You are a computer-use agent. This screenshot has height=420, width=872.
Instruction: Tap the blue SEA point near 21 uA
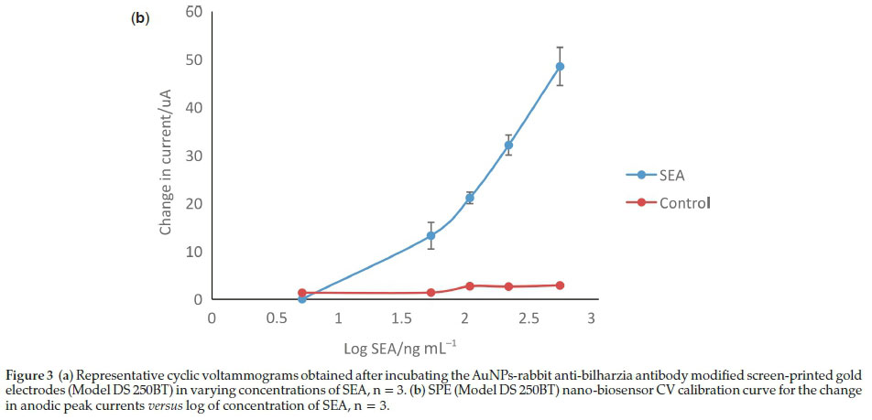[x=470, y=198]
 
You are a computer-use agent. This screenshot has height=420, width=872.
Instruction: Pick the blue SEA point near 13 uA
[x=431, y=235]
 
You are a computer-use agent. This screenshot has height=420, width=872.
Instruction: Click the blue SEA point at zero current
[x=301, y=299]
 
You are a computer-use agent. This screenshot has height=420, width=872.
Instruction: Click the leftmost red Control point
[x=301, y=293]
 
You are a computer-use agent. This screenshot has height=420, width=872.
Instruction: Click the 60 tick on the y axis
[x=195, y=12]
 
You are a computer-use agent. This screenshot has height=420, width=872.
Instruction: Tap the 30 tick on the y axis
[x=195, y=156]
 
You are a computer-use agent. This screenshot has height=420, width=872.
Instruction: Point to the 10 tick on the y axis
[x=195, y=252]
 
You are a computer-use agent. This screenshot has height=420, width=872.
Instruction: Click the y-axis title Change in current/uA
[x=166, y=156]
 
